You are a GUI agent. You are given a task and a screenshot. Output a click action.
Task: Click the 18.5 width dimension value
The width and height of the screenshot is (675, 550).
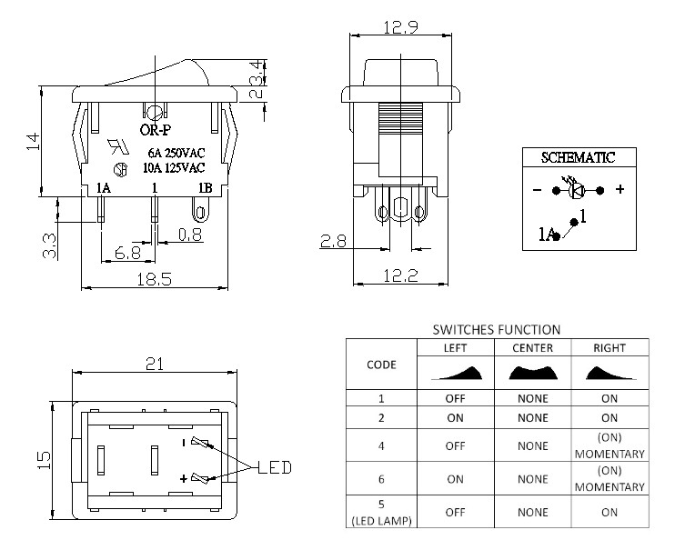(154, 280)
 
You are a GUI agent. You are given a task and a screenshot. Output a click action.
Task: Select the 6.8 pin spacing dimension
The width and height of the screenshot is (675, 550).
(128, 253)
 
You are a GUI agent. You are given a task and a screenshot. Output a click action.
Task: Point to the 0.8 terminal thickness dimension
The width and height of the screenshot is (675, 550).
(190, 235)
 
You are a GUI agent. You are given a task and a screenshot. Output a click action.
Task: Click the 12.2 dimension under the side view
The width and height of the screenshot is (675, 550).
(400, 275)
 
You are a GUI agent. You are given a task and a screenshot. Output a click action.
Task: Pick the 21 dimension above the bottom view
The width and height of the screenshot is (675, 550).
(155, 364)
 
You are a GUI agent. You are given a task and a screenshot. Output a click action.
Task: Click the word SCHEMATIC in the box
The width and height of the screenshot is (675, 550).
(579, 157)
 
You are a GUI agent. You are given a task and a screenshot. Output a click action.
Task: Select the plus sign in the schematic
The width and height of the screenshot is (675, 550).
(620, 189)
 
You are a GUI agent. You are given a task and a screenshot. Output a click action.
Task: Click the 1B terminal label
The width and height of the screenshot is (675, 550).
(205, 188)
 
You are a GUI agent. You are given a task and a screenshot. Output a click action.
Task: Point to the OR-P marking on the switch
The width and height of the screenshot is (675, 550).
(156, 129)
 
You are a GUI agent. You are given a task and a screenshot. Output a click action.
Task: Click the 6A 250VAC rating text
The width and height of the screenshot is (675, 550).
(176, 153)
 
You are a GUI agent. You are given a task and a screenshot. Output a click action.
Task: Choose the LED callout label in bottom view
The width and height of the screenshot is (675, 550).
(275, 467)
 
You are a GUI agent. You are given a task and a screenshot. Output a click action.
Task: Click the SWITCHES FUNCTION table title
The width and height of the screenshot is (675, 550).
(497, 330)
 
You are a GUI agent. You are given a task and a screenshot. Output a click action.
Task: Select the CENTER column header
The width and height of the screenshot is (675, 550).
(532, 348)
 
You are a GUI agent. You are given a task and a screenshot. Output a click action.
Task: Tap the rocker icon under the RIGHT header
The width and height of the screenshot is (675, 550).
(610, 373)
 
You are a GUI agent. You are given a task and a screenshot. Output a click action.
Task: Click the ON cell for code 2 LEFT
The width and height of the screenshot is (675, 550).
(455, 418)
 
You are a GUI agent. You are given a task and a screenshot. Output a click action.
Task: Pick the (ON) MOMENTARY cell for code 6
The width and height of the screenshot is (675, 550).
(610, 478)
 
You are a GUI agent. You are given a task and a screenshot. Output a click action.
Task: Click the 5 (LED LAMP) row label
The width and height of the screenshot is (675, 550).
(381, 512)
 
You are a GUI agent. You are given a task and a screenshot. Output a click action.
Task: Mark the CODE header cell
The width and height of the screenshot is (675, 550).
(381, 365)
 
